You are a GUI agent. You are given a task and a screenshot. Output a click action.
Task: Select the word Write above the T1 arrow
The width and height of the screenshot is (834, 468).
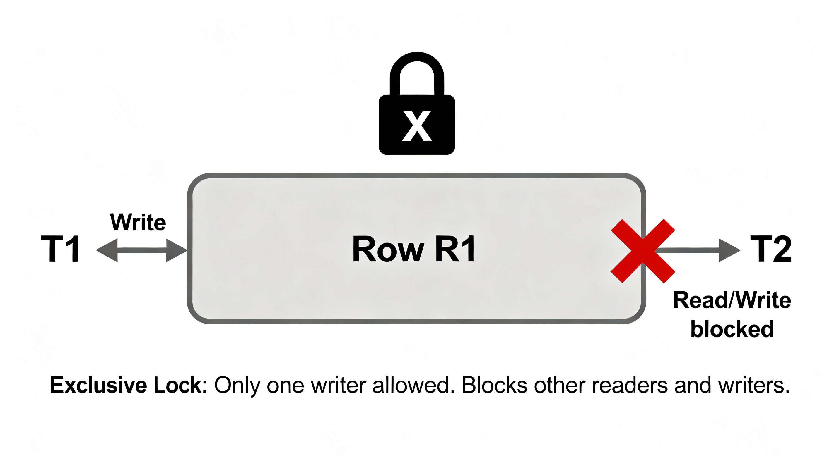(138, 223)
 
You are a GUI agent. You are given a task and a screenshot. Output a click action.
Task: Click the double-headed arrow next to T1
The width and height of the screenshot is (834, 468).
(142, 250)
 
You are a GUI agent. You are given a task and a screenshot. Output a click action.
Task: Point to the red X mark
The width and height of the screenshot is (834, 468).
(643, 251)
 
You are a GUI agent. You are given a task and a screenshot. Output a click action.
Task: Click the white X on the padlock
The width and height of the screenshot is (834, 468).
(417, 126)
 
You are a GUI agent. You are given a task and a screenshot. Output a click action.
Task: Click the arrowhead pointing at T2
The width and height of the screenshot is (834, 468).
(729, 250)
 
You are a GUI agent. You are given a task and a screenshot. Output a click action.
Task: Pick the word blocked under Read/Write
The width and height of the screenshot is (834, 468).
(732, 329)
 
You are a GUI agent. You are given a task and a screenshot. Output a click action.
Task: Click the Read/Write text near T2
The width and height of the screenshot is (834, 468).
(732, 300)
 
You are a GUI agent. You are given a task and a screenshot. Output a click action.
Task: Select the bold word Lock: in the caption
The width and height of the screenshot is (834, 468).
(180, 385)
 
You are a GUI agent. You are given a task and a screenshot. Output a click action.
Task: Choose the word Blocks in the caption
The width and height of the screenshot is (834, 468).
(494, 385)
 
